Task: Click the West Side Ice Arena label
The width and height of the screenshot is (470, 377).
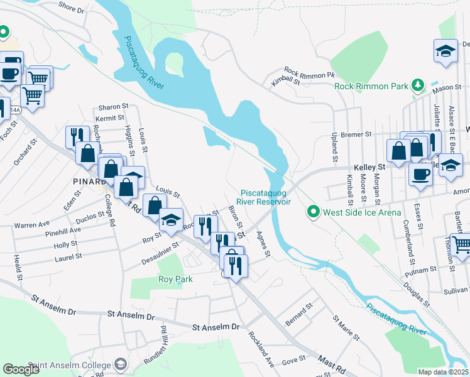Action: tap(362, 212)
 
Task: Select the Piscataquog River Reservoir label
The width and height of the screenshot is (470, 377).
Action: tap(266, 197)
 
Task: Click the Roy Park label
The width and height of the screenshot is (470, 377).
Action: tap(175, 279)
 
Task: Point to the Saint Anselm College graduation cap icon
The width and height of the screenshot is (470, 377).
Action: tap(120, 364)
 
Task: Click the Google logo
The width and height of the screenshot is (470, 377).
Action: tap(21, 369)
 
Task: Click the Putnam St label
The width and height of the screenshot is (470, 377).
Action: tap(422, 269)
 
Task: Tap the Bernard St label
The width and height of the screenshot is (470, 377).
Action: tap(298, 311)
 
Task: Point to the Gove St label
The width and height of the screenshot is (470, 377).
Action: tap(293, 360)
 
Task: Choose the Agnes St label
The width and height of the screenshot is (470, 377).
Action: tap(263, 244)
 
